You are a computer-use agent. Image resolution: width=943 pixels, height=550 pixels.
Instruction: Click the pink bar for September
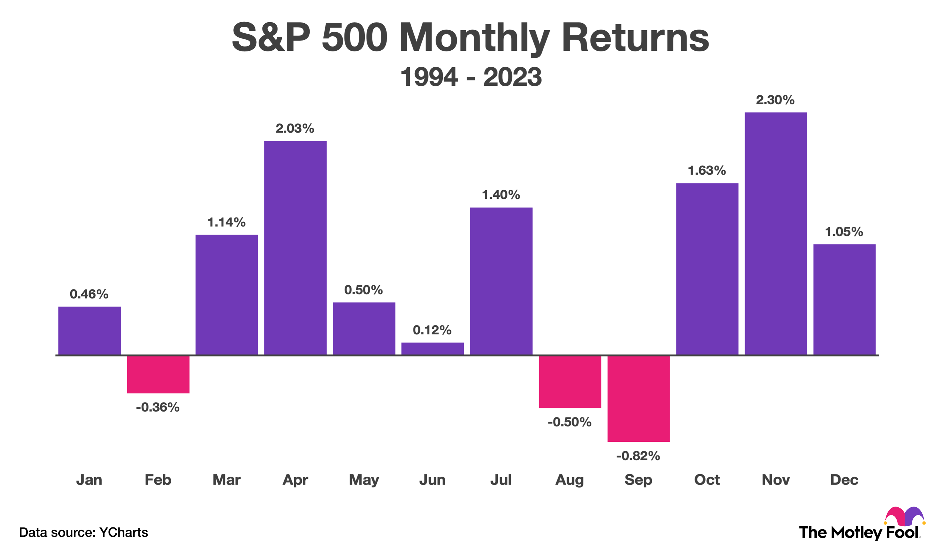coord(638,398)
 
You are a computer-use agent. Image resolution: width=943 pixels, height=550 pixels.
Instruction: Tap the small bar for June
coord(432,349)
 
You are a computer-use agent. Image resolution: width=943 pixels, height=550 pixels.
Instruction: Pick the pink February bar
coord(158,374)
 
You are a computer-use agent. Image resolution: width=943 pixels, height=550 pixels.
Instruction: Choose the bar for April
coord(295,248)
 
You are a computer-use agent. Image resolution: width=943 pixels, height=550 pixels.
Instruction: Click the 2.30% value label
coord(775,100)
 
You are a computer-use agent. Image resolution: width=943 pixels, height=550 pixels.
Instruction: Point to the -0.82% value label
coord(638,456)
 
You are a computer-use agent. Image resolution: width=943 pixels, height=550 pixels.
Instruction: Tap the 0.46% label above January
coord(89,294)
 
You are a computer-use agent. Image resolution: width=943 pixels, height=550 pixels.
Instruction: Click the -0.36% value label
coord(157,407)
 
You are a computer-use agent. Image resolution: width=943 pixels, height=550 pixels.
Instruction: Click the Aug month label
coord(569,480)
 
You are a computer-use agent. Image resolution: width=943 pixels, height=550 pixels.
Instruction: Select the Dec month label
coord(844,480)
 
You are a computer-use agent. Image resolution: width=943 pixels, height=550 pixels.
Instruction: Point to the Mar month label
coord(226,480)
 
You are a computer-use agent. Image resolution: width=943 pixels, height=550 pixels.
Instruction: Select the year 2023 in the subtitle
coord(512,77)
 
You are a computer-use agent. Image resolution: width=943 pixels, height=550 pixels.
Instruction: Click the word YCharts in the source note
coord(123,532)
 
